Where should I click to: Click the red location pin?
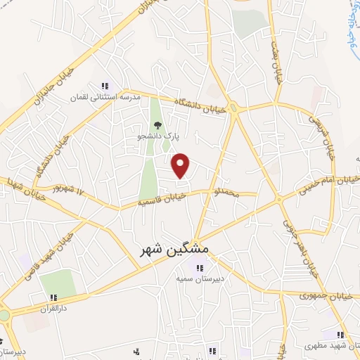coord(181,165)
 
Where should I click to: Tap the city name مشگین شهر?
coord(171,250)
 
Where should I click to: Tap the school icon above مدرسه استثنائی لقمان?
coord(106,86)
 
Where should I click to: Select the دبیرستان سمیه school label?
coord(198,278)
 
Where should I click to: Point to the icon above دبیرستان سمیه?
coord(198,268)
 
